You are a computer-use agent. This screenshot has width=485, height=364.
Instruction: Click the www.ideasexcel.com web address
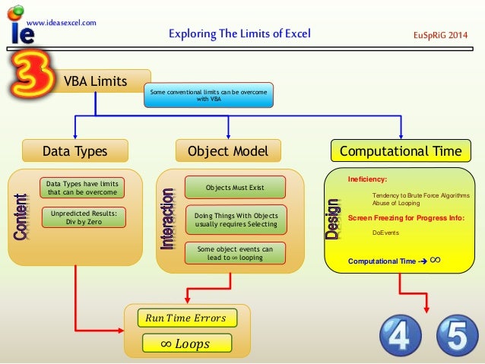tap(62, 22)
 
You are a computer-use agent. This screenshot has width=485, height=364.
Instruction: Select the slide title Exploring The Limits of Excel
tap(239, 34)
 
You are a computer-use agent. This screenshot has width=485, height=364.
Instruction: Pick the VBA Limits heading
tap(95, 81)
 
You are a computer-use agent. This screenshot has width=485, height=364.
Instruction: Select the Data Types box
tap(74, 151)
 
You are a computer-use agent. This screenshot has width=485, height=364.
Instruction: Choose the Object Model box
tap(228, 151)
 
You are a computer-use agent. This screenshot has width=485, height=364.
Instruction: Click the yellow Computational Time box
tap(400, 151)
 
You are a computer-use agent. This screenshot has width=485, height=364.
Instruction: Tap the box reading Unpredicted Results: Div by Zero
tap(84, 218)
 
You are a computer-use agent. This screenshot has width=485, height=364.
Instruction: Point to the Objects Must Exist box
tap(236, 187)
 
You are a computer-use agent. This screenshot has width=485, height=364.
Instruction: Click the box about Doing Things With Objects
tap(236, 220)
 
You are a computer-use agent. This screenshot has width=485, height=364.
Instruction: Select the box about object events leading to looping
tap(236, 253)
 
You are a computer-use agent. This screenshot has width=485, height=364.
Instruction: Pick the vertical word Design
tap(333, 219)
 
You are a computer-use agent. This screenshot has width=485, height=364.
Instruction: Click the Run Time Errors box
tap(185, 318)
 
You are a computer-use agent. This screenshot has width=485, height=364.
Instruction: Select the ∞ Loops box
tap(185, 344)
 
